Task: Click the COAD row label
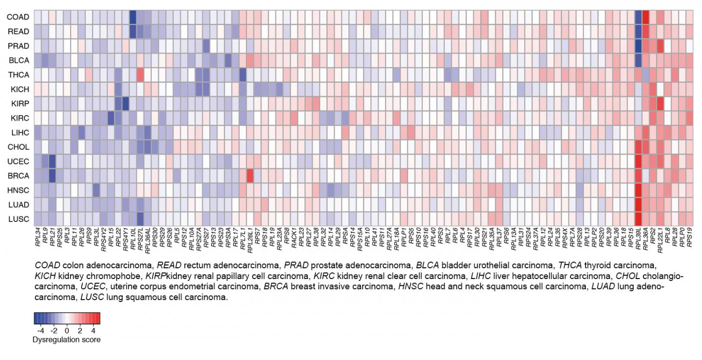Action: point(18,17)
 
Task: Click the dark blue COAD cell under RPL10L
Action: point(133,17)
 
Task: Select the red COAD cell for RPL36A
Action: point(645,17)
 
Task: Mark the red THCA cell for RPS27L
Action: point(140,75)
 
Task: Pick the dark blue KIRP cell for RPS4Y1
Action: point(125,104)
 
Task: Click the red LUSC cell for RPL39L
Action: point(638,219)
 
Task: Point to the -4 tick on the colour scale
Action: point(41,330)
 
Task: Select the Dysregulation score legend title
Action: point(66,340)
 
